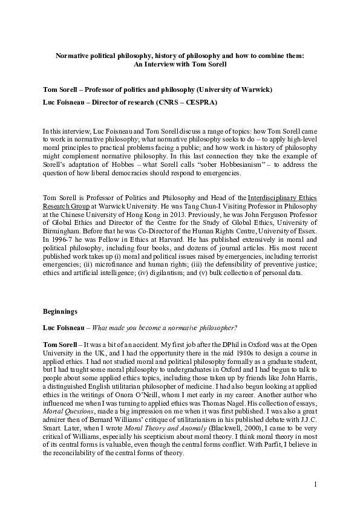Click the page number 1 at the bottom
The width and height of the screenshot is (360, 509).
click(316, 484)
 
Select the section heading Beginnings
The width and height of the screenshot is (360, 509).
click(60, 312)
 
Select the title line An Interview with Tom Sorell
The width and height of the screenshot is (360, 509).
click(180, 63)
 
